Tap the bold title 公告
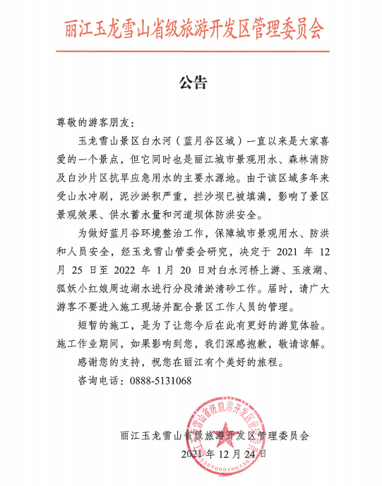tap(191, 83)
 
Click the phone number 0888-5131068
tap(161, 381)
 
